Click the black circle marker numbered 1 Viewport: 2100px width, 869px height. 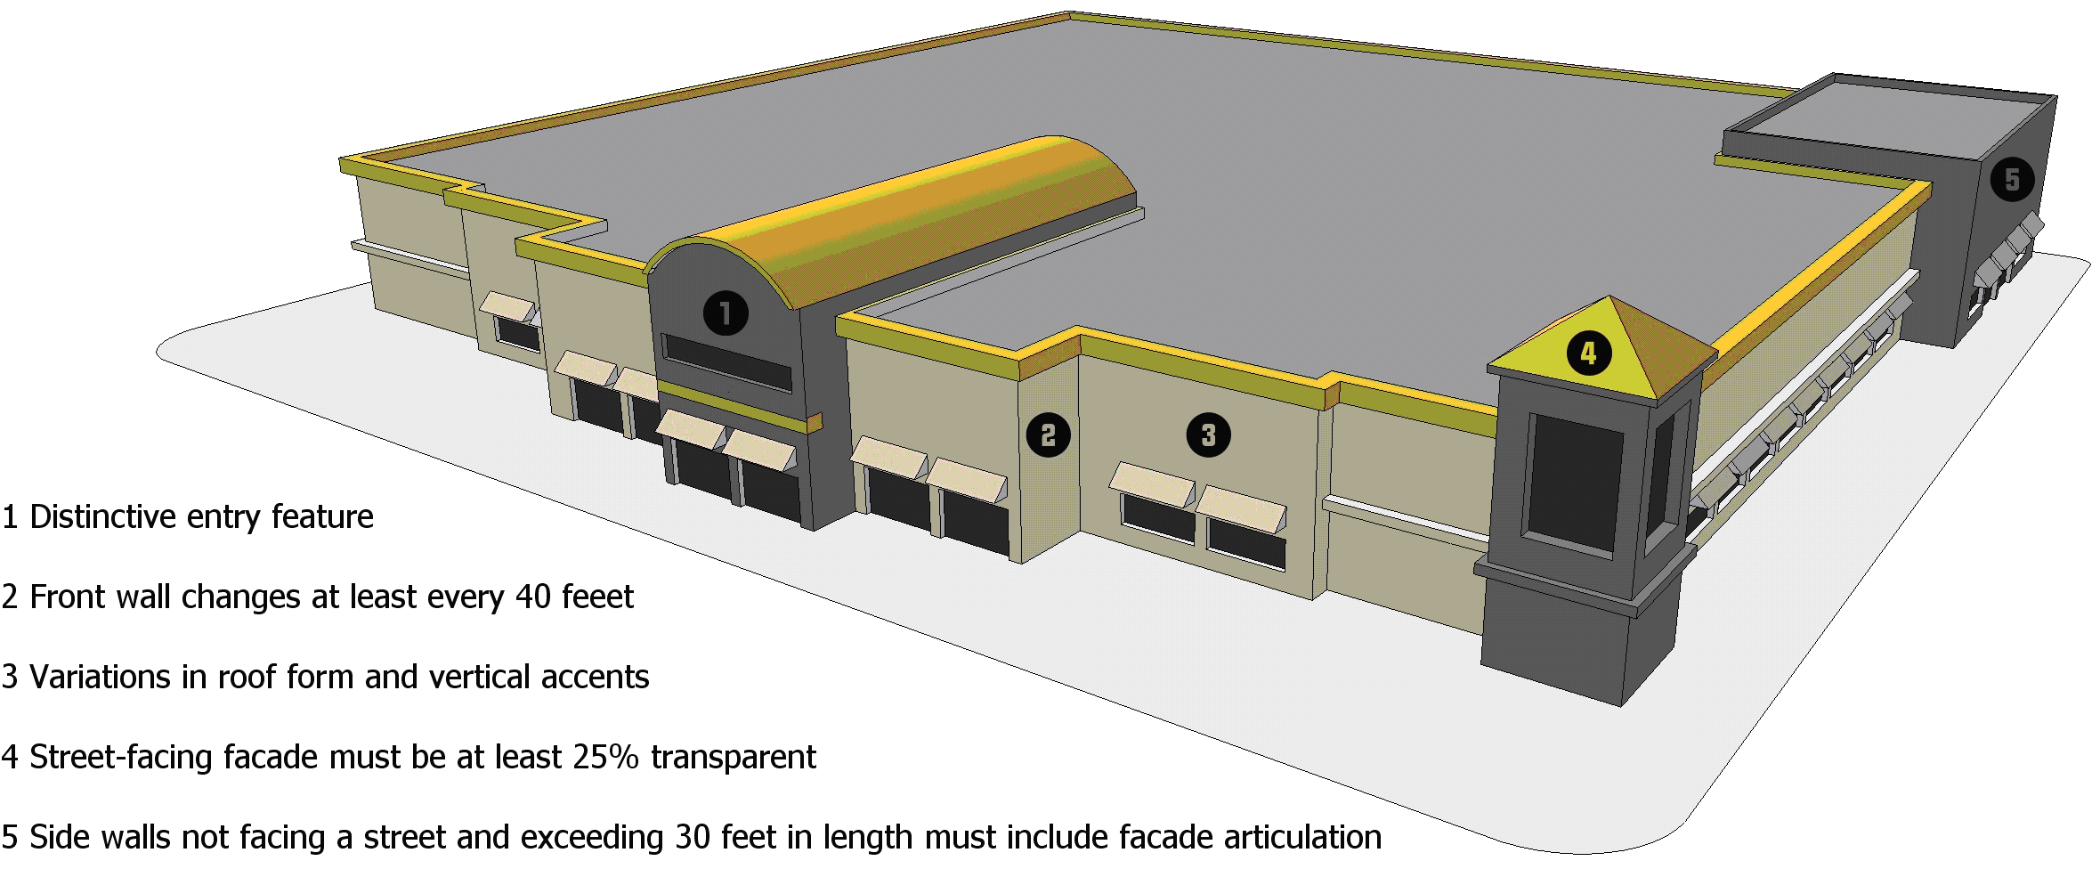(x=726, y=313)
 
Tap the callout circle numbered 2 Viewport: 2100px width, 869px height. (x=1049, y=435)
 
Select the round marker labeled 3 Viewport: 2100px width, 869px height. (x=1208, y=435)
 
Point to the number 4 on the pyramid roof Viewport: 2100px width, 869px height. (x=1589, y=353)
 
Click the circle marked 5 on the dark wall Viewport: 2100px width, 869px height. (x=2012, y=180)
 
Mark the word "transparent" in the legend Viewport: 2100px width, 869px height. (x=734, y=758)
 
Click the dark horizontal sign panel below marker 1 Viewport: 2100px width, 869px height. (x=727, y=362)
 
